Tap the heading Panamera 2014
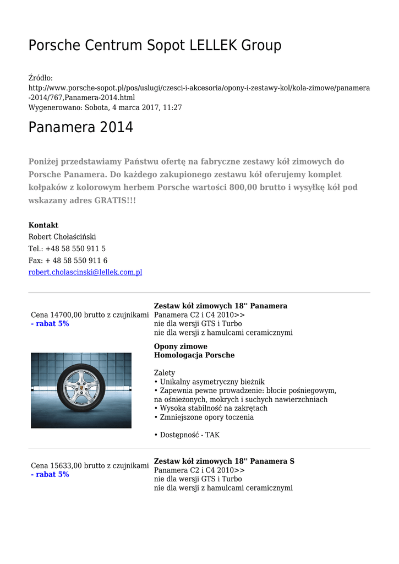click(x=80, y=127)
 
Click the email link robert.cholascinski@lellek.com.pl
click(x=85, y=272)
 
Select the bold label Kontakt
click(x=43, y=225)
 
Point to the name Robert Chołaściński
click(x=62, y=237)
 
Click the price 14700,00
click(x=65, y=314)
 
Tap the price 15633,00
click(x=65, y=465)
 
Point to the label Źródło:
click(x=41, y=78)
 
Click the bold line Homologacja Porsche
click(x=194, y=355)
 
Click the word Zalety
click(x=165, y=373)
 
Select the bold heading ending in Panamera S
click(x=224, y=461)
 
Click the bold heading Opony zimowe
click(x=181, y=346)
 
